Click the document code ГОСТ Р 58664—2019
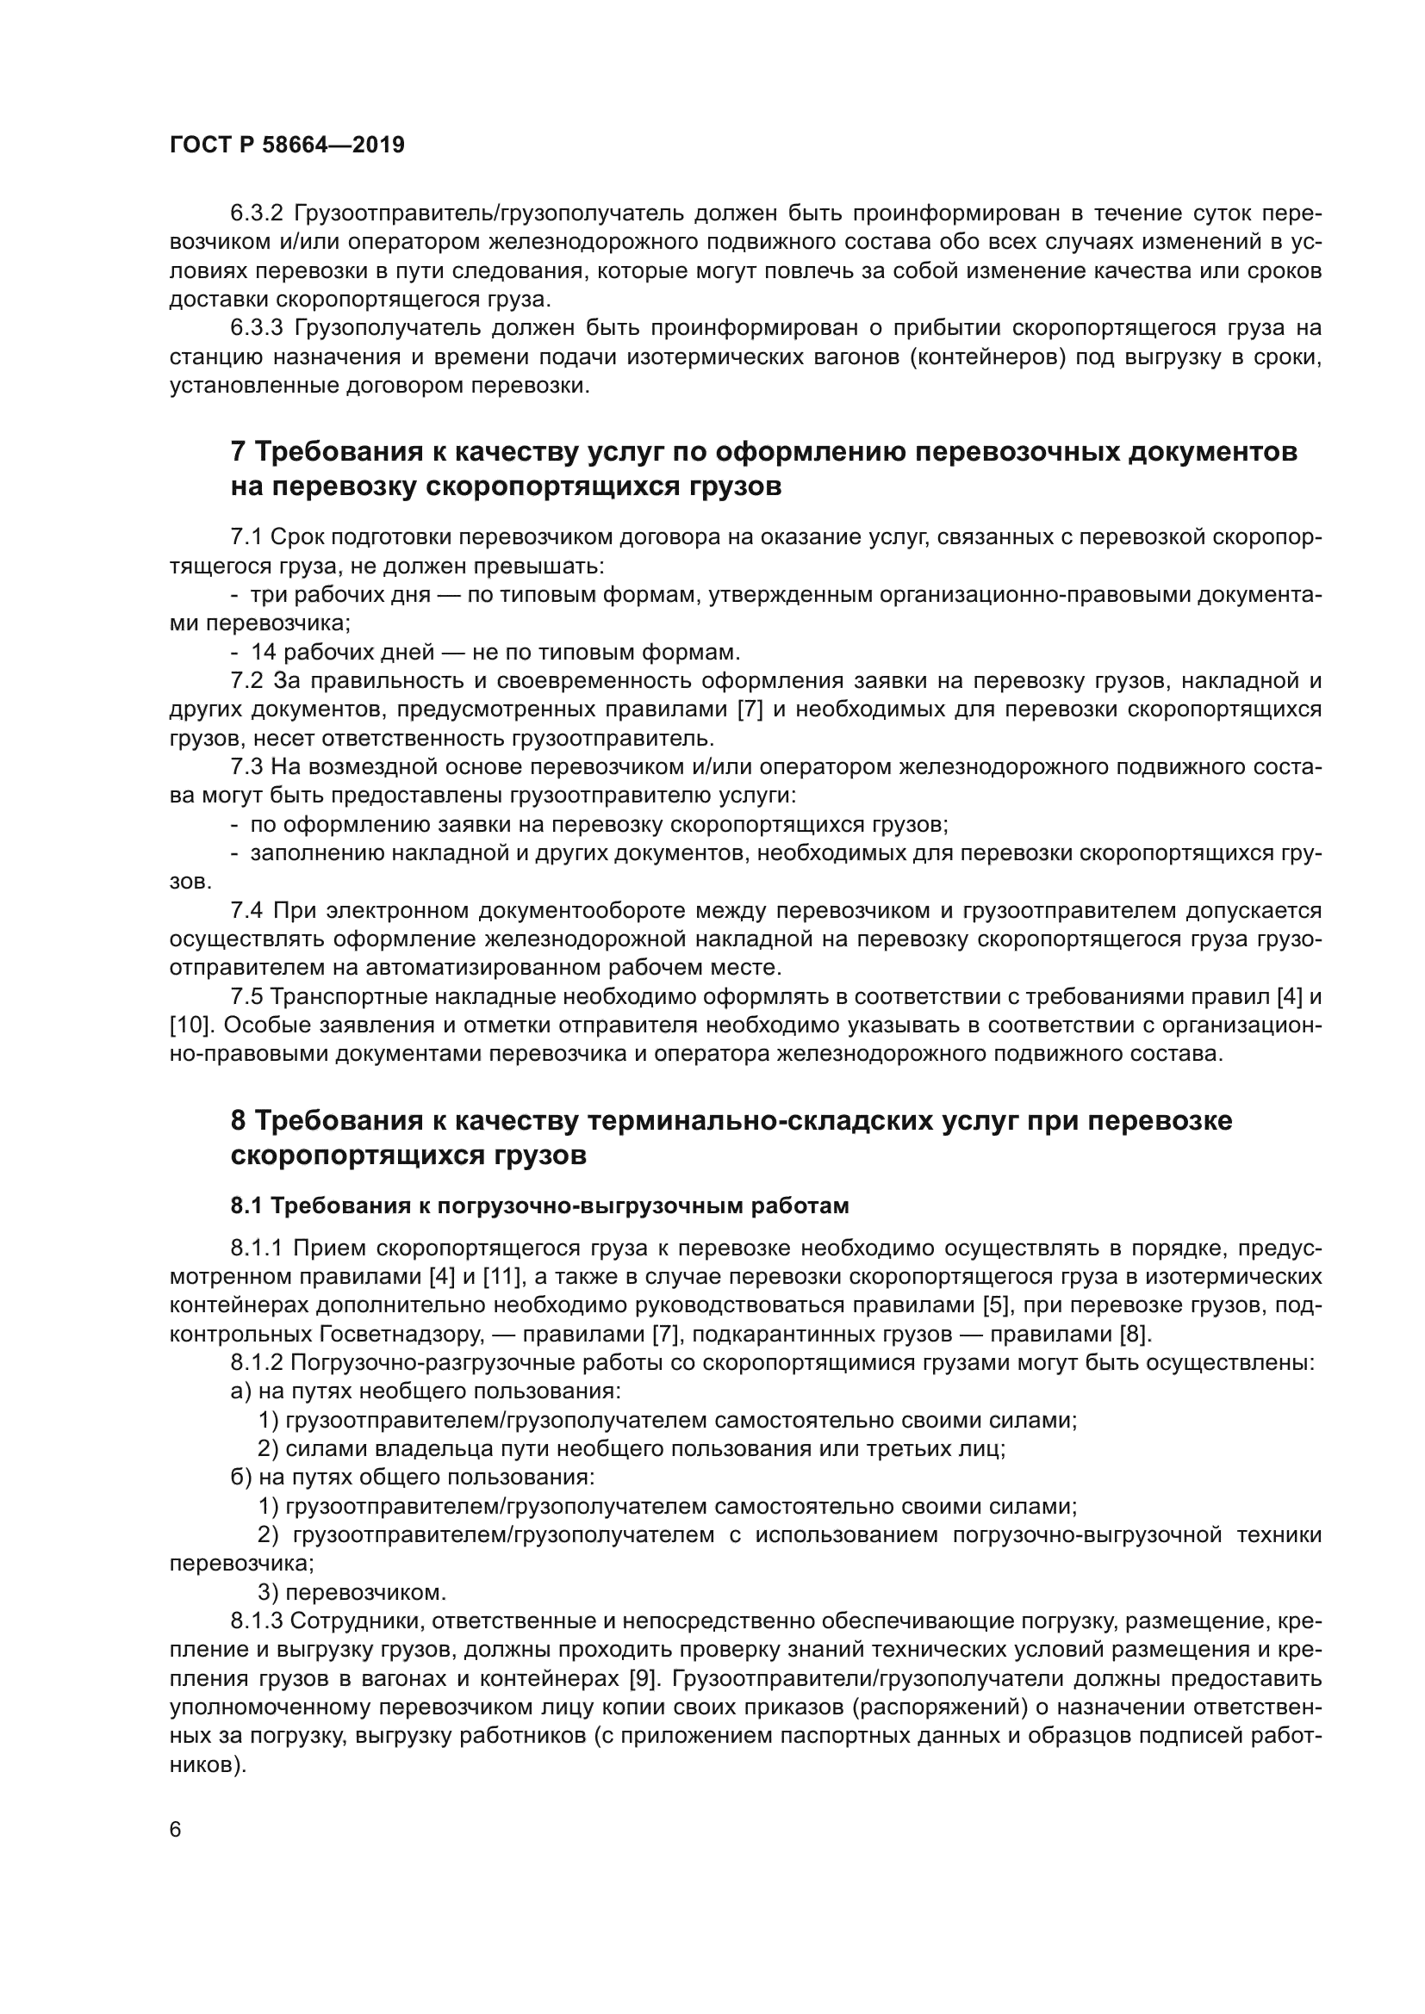[287, 146]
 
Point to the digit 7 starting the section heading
[238, 453]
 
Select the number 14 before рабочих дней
[264, 653]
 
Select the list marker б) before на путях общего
[241, 1478]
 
